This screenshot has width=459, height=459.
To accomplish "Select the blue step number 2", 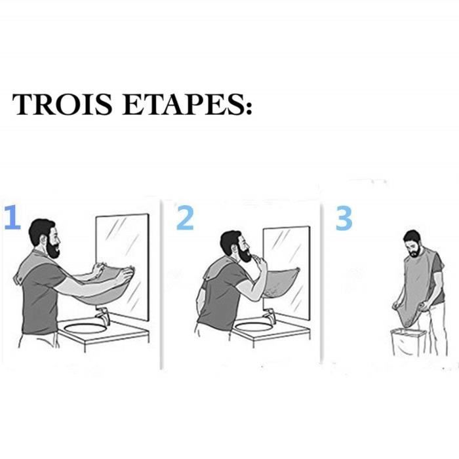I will [x=186, y=218].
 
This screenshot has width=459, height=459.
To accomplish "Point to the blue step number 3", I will [x=344, y=218].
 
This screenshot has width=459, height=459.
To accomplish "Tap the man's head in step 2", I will [x=233, y=247].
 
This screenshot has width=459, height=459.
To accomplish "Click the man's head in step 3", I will [x=412, y=243].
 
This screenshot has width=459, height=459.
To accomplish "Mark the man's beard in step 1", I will [x=52, y=250].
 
